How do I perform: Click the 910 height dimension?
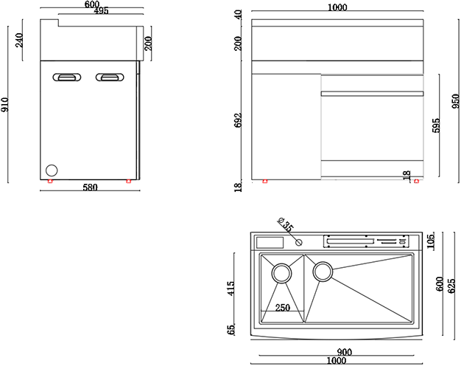[7, 105]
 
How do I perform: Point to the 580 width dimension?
[89, 188]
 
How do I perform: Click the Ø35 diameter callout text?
[286, 224]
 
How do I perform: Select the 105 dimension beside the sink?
[431, 239]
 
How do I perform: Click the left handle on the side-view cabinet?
[66, 76]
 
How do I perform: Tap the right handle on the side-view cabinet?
[108, 76]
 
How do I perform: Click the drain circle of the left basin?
[282, 274]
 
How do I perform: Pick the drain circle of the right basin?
[323, 272]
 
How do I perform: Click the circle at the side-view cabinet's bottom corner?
[51, 170]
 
